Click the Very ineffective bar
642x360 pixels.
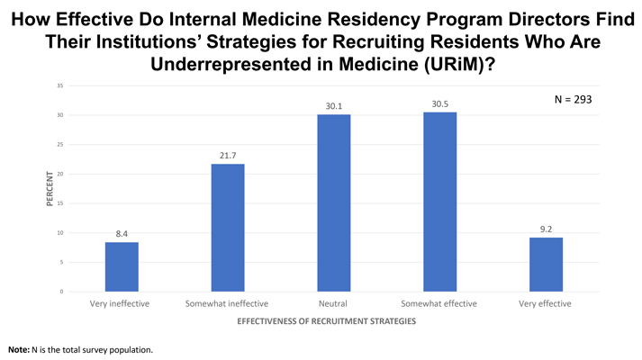click(121, 266)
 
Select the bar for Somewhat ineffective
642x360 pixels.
click(227, 228)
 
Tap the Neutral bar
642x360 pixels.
click(333, 202)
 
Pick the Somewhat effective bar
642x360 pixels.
click(439, 202)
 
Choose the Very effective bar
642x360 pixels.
click(546, 265)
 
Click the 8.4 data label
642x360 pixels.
click(121, 234)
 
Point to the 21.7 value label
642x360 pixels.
click(227, 156)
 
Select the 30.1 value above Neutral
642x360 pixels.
click(333, 106)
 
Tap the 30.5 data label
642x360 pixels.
click(439, 104)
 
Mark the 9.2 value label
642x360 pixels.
click(546, 229)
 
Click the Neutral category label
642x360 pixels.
click(333, 304)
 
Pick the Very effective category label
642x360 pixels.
click(546, 304)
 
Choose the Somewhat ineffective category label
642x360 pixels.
click(227, 304)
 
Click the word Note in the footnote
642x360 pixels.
click(17, 348)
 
